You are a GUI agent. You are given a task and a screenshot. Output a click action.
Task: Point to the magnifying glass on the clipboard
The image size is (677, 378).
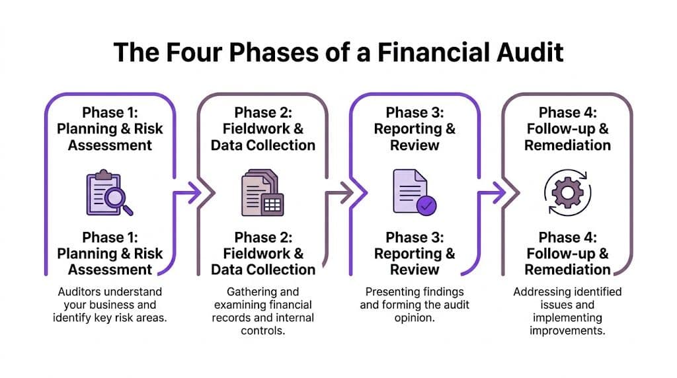[119, 199]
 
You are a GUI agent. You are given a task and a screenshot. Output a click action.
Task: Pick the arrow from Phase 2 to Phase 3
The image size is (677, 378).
[339, 193]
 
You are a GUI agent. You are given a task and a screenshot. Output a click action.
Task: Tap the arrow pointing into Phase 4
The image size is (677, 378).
[492, 193]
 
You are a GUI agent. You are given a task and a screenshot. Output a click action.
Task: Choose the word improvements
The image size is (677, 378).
[567, 330]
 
